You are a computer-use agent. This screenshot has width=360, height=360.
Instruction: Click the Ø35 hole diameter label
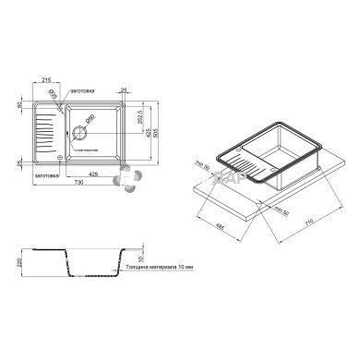(53, 94)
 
